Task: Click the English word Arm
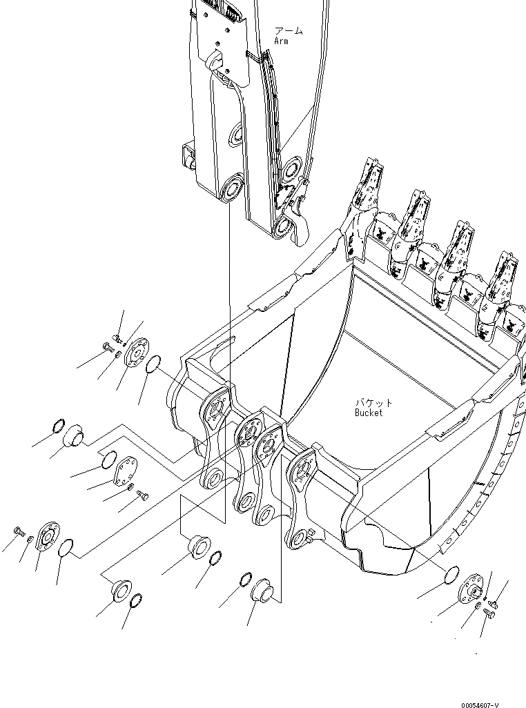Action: (281, 41)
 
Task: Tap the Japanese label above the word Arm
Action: (288, 31)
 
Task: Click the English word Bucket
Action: (368, 413)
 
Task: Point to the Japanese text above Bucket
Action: (373, 402)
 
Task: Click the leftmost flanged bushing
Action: (73, 436)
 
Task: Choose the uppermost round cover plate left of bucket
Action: (138, 351)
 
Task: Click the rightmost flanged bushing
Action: (262, 591)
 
